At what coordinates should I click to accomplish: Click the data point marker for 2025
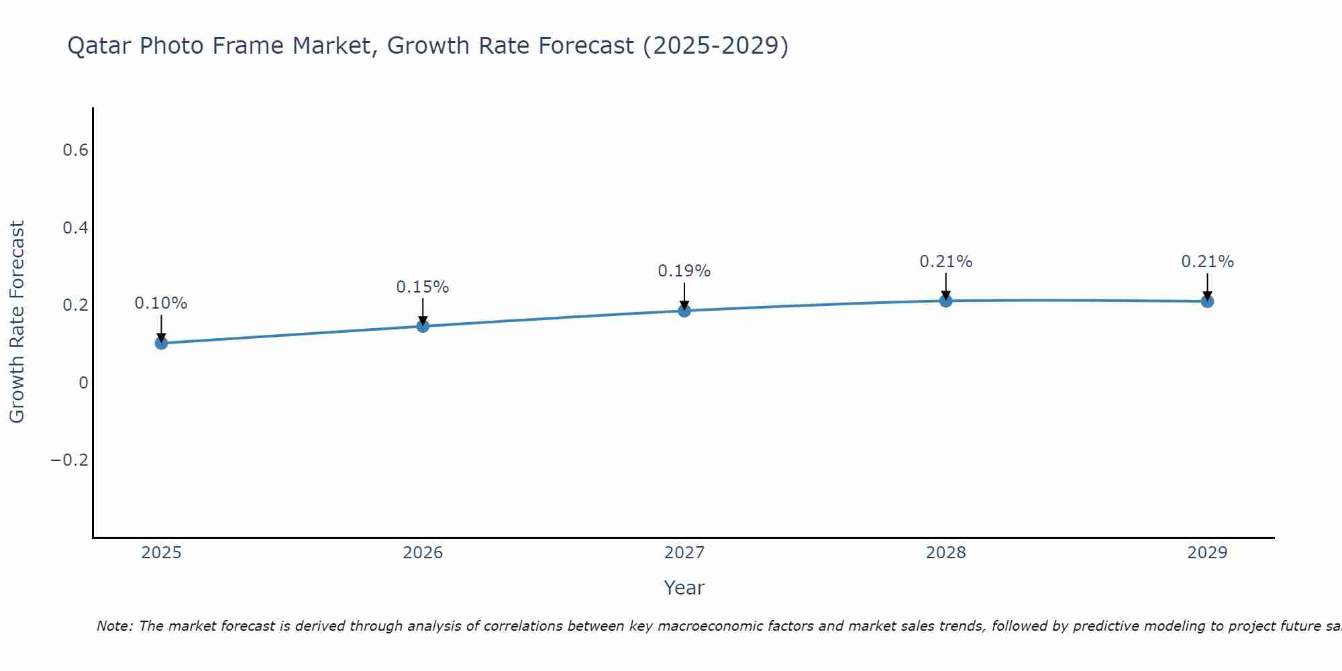point(161,343)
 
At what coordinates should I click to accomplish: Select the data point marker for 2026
point(423,326)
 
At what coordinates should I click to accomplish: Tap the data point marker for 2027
point(684,311)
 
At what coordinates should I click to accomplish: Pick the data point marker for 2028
point(945,301)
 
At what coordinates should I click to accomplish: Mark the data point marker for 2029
point(1207,301)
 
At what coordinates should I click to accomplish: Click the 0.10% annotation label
point(161,303)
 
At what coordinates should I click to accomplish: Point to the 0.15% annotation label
point(423,287)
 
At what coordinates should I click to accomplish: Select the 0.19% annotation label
point(684,271)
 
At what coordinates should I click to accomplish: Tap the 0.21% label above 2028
point(945,262)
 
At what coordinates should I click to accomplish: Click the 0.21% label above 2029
point(1207,262)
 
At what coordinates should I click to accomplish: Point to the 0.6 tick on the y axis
point(75,150)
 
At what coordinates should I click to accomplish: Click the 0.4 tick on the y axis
point(75,228)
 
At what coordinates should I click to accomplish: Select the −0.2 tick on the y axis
point(70,460)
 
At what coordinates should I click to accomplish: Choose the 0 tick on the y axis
point(83,383)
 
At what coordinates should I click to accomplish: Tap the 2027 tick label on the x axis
point(684,553)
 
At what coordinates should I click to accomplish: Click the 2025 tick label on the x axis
point(161,553)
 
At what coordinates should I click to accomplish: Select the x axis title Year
point(684,588)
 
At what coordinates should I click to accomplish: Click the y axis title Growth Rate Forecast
point(17,322)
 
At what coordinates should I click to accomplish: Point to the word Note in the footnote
point(114,626)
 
